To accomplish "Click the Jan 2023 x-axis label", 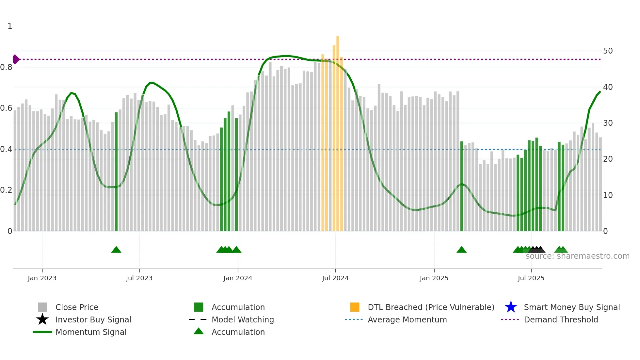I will click(42, 278).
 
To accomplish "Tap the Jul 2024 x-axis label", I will click(335, 278).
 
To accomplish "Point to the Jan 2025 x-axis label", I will click(434, 278).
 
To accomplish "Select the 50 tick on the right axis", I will click(608, 51).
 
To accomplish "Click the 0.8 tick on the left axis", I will click(6, 67).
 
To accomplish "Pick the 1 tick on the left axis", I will click(10, 26).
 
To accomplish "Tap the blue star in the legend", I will click(511, 307).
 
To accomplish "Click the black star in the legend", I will click(42, 319).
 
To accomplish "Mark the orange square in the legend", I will click(355, 307).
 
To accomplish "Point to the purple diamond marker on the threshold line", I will click(16, 59).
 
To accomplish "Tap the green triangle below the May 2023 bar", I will click(116, 250).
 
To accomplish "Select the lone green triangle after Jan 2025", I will click(461, 250).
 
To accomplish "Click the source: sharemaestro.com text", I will click(577, 256).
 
